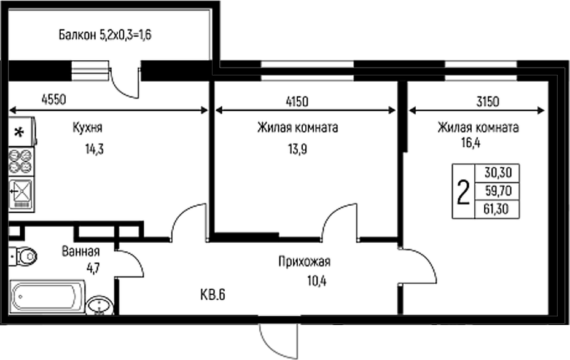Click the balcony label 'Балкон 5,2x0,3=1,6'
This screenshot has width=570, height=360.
pos(104,34)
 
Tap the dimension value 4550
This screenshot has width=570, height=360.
pos(55,99)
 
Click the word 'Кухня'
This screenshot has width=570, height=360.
pos(87,128)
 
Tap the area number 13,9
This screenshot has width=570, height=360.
pos(299,149)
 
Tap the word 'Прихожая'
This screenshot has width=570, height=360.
pos(304,262)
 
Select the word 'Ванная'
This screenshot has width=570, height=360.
pos(80,251)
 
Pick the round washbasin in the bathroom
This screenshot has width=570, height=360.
pos(100,305)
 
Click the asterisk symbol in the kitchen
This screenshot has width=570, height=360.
pos(19,132)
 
